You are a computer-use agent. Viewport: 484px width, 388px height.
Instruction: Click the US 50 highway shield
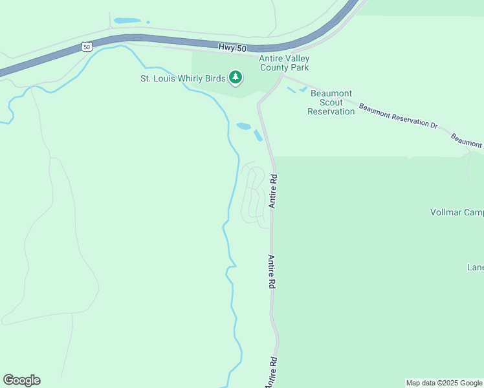point(87,47)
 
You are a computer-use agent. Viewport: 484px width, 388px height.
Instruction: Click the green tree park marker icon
point(236,78)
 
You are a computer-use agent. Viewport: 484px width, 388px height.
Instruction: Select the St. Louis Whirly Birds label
point(183,79)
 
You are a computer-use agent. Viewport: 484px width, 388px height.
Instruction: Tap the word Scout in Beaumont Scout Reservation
point(332,102)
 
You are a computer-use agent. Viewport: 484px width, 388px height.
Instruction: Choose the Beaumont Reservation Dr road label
point(398,116)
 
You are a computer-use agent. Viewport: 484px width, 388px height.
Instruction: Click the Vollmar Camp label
point(457,212)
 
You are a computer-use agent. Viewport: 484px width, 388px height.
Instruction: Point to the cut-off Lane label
point(476,267)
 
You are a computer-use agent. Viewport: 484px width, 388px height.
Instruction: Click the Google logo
point(21,380)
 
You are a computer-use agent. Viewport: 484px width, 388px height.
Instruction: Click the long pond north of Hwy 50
point(127,21)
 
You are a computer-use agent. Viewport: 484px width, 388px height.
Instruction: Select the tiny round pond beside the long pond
point(148,22)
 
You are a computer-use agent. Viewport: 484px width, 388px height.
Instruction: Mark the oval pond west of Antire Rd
point(243,126)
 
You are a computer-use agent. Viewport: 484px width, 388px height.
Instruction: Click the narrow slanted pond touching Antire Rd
point(258,136)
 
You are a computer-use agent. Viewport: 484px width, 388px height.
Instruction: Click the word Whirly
point(199,79)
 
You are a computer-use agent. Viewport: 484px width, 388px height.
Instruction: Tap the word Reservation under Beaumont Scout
point(331,111)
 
